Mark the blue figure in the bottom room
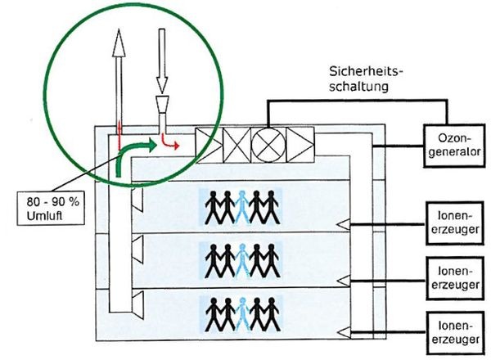[x=241, y=313]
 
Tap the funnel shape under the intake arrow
[x=162, y=104]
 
